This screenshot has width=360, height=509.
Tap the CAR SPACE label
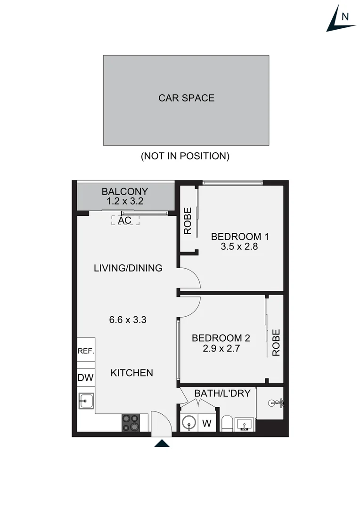point(186,98)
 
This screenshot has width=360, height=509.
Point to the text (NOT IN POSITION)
point(185,156)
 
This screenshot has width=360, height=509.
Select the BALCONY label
point(125,192)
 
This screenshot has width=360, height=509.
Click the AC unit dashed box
point(125,220)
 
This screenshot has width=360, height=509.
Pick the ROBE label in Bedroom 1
point(188,221)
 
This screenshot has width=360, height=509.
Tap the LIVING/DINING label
point(128,268)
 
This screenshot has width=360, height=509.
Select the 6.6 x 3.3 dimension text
point(128,320)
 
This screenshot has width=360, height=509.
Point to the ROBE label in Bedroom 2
point(276,343)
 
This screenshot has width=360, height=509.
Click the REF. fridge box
point(86,352)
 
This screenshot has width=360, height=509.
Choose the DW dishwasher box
point(85,377)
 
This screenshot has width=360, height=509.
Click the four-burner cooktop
point(131,422)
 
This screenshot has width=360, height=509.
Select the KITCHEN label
point(132,373)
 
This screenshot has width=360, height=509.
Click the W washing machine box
point(206,423)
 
